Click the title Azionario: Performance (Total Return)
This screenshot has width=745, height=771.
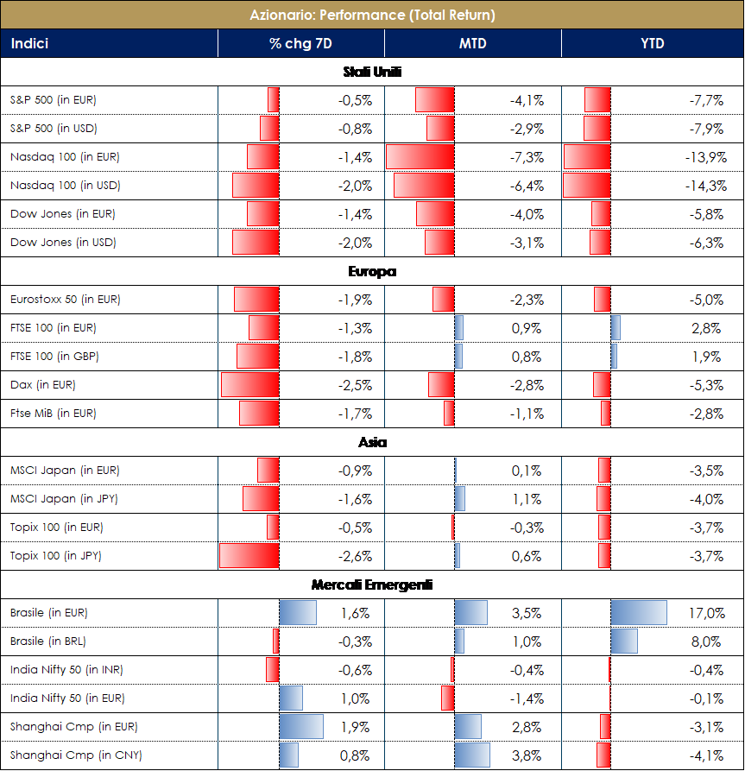(372, 15)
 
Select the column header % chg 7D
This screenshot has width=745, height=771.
(300, 43)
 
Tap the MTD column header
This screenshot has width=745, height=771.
(473, 43)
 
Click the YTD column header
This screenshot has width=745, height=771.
(653, 43)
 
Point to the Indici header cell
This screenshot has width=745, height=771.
(29, 43)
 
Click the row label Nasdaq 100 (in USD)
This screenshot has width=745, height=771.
(65, 186)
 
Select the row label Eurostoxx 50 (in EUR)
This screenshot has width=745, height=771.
(65, 300)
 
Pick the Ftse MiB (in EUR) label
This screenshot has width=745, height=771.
(53, 414)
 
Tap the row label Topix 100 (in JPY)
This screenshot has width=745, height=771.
(56, 556)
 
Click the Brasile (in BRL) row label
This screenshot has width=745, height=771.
(48, 641)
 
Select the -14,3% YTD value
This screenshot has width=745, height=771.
(704, 186)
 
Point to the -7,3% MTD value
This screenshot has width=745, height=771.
(527, 157)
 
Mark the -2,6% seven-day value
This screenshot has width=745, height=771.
(356, 556)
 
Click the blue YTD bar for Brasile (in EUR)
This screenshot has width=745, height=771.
(639, 613)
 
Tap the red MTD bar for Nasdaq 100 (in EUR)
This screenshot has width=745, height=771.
(420, 157)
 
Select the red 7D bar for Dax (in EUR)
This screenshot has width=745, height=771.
(250, 385)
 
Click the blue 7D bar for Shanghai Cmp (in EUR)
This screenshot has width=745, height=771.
(301, 727)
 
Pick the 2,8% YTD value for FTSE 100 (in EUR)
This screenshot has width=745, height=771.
(707, 328)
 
